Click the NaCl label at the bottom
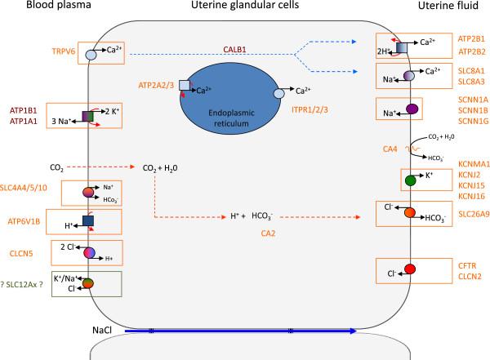point(104,331)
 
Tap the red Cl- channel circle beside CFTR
point(410,270)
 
